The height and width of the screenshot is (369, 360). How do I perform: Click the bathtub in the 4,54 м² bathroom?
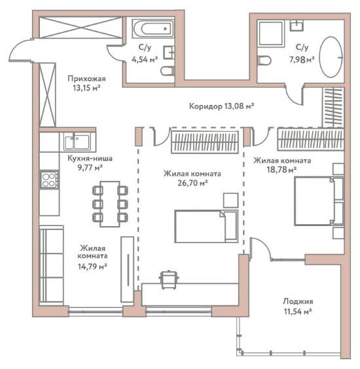[153, 29]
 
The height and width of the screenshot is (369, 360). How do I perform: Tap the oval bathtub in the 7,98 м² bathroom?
[331, 57]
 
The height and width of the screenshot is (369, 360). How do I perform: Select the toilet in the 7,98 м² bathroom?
[264, 60]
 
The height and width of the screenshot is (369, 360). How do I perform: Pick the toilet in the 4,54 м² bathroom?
[168, 71]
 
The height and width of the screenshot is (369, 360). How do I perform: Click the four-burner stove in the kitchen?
[49, 180]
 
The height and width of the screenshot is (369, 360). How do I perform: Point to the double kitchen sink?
[77, 142]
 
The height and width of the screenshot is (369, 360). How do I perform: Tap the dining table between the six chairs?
[110, 204]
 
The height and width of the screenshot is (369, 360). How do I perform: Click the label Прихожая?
[86, 79]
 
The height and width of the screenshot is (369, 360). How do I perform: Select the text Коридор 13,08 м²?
[221, 106]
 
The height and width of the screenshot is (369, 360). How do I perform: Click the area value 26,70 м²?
[192, 183]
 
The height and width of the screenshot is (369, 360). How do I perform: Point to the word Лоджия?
[298, 301]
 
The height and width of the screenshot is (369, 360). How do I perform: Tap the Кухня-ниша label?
[90, 158]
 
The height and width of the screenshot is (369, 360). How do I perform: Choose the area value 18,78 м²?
[281, 170]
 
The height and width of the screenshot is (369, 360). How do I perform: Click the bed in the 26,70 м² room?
[206, 226]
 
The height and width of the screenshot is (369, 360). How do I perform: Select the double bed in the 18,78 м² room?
[319, 201]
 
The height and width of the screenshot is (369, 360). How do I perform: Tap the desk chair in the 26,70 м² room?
[169, 280]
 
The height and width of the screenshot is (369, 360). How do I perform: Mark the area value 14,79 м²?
[92, 266]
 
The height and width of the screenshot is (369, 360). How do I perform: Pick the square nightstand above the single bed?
[231, 201]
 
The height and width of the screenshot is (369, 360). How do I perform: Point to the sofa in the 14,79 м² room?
[52, 265]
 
